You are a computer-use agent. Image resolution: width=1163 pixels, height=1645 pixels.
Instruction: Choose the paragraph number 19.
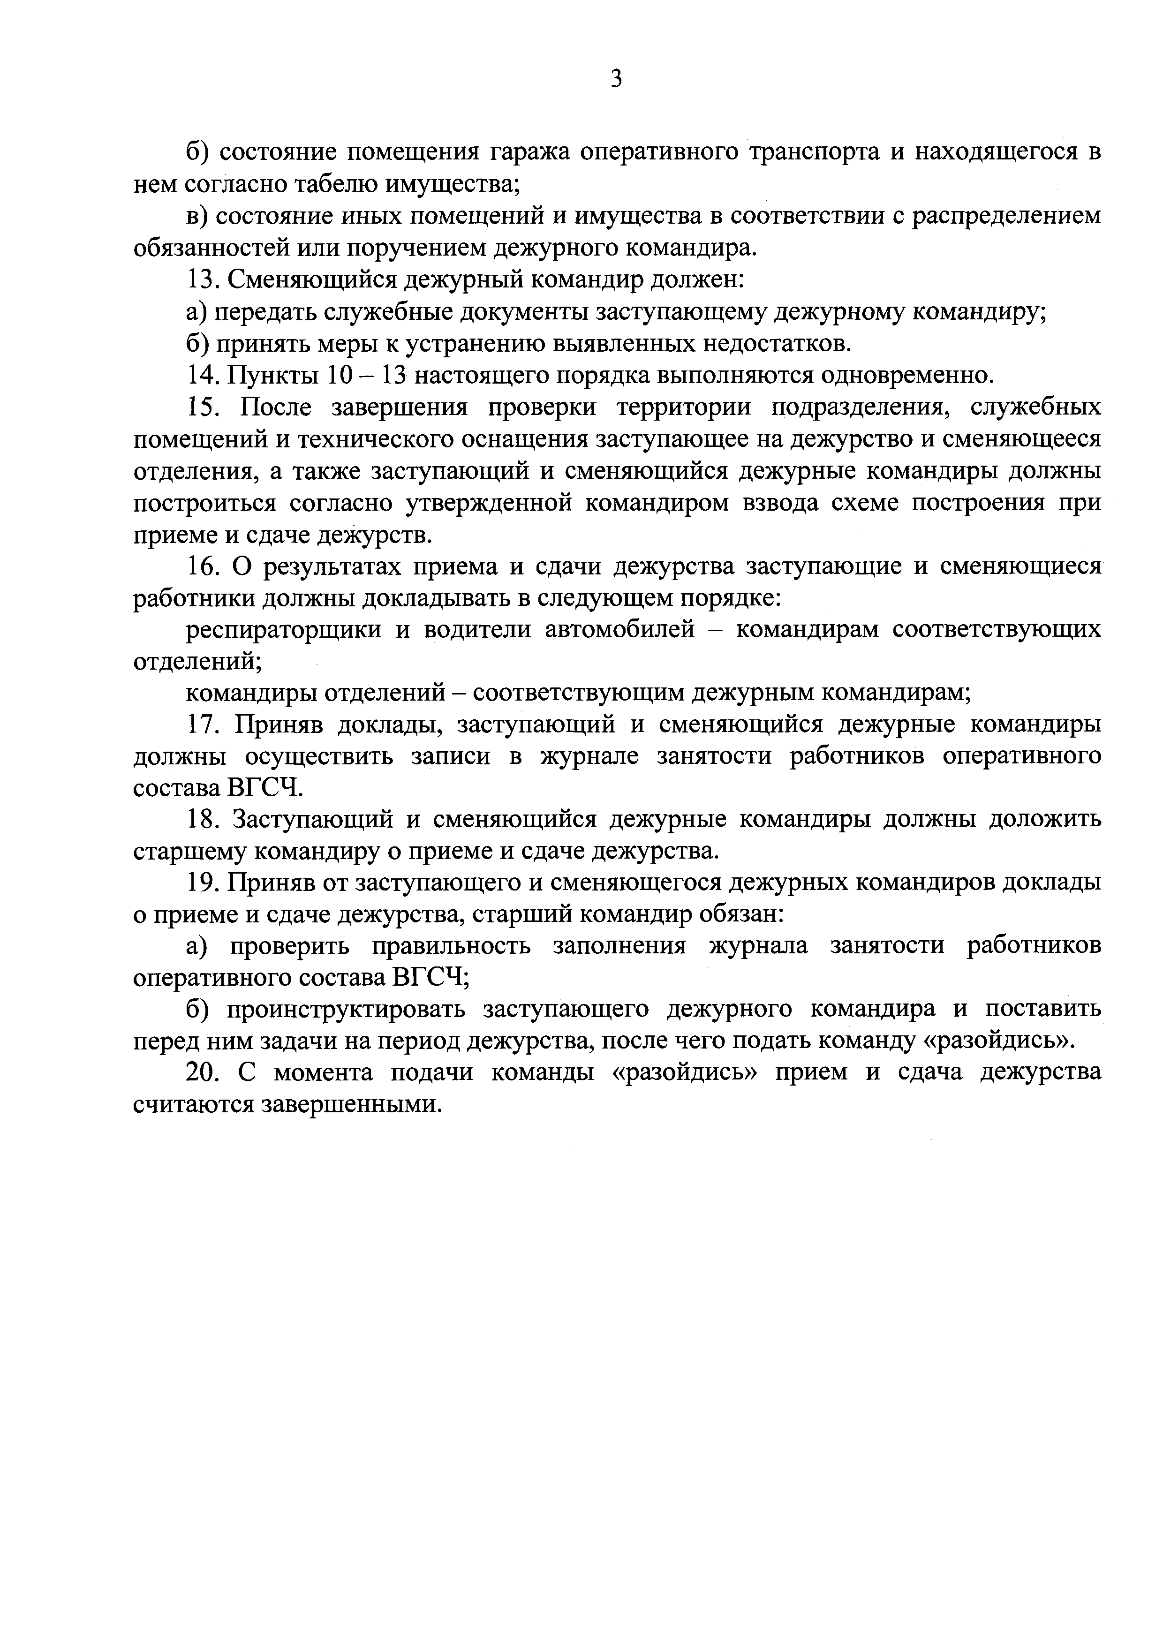click(x=202, y=883)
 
